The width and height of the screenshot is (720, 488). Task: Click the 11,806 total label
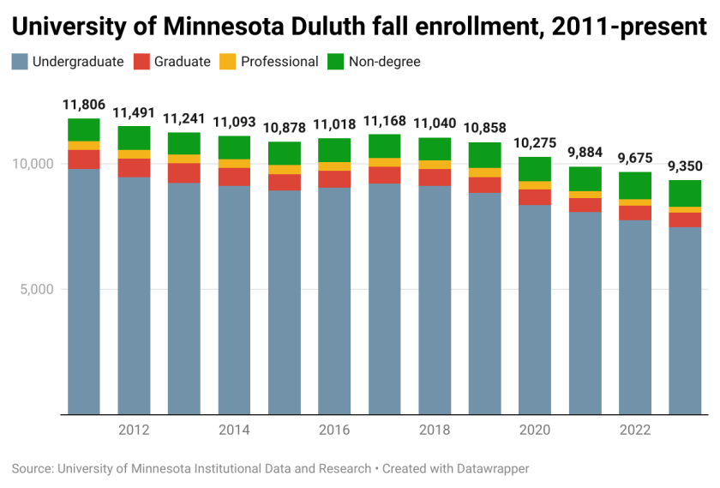click(84, 105)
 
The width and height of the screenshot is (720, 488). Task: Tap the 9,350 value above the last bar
click(685, 166)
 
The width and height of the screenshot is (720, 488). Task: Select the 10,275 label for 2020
click(535, 143)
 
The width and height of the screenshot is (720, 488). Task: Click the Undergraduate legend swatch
click(20, 62)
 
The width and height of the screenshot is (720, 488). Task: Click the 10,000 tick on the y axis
click(33, 164)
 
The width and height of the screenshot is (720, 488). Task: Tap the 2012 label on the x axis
click(134, 430)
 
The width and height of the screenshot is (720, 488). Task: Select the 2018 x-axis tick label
click(435, 430)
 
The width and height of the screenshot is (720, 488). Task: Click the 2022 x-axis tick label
click(635, 430)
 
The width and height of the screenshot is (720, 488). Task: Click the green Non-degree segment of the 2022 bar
click(635, 185)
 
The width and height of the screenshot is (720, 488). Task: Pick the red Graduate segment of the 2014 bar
click(234, 177)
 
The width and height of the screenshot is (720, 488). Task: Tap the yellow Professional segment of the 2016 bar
click(334, 166)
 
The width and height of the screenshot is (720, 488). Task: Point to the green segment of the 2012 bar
click(134, 138)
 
